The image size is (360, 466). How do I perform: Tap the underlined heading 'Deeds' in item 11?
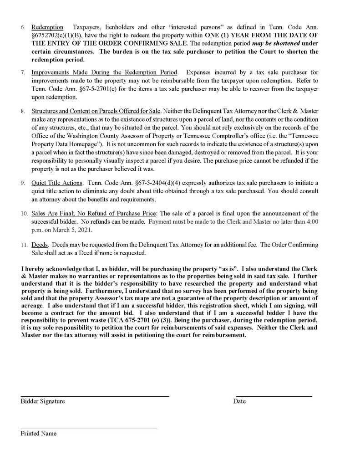pyautogui.click(x=40, y=245)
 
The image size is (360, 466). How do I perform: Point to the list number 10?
pyautogui.click(x=24, y=213)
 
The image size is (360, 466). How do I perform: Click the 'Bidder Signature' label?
pyautogui.click(x=43, y=401)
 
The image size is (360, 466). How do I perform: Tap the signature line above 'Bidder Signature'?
pyautogui.click(x=95, y=396)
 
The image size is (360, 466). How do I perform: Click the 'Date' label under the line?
pyautogui.click(x=239, y=401)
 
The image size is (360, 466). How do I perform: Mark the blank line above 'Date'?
pyautogui.click(x=274, y=396)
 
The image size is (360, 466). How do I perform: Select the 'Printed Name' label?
pyautogui.click(x=39, y=433)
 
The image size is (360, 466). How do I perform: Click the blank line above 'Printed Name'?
pyautogui.click(x=88, y=428)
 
